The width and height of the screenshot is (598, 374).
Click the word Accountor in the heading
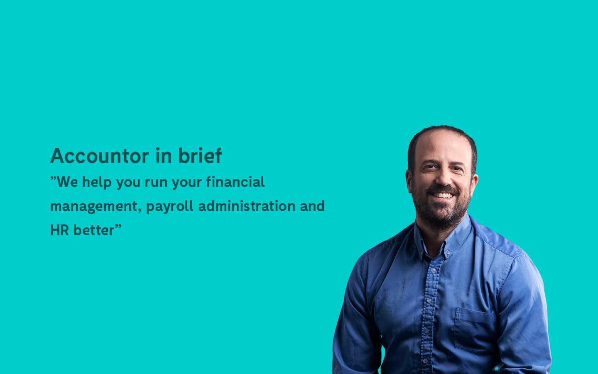click(99, 156)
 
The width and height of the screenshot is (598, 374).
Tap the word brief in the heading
click(200, 155)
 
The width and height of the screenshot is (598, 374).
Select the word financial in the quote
click(235, 182)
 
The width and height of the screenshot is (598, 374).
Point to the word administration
click(247, 206)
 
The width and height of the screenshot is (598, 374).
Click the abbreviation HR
click(59, 230)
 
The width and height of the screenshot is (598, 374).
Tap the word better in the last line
click(94, 230)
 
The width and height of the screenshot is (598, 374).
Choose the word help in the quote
click(97, 182)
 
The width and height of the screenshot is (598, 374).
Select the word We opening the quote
click(67, 182)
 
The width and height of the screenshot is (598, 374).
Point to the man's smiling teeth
click(443, 195)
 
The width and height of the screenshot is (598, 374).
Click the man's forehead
click(442, 150)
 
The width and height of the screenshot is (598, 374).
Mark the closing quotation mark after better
click(118, 227)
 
